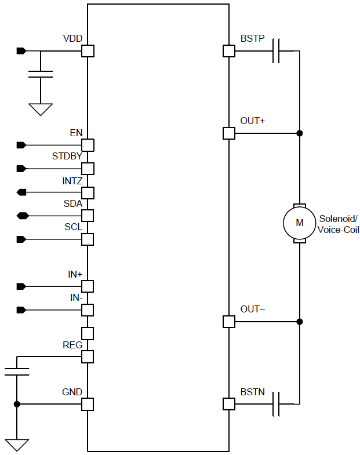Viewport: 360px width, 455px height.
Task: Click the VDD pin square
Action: [88, 51]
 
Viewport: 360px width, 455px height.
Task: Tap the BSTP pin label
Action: [252, 39]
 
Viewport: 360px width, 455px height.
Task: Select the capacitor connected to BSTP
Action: [277, 51]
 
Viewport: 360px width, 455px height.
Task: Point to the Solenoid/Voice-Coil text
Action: [339, 224]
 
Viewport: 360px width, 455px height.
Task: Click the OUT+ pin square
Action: [229, 133]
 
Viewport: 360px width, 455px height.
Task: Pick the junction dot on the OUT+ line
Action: [300, 133]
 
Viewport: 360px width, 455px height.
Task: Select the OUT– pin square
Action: [229, 322]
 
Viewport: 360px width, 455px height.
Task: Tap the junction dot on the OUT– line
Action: [300, 322]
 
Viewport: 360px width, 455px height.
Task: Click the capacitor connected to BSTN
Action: [277, 403]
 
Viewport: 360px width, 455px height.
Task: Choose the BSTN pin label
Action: [253, 392]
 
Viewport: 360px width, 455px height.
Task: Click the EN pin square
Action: [88, 145]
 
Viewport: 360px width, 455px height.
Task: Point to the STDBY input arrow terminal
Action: [21, 169]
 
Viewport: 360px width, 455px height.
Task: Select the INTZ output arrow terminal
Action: [21, 192]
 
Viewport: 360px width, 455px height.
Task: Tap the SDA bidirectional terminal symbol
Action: [22, 216]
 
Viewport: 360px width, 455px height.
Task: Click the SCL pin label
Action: [73, 227]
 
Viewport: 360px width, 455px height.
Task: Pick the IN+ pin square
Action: [88, 286]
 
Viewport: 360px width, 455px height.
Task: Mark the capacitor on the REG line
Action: [17, 372]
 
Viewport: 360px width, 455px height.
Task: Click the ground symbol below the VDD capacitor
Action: [41, 109]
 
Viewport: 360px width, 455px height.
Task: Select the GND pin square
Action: [88, 403]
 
